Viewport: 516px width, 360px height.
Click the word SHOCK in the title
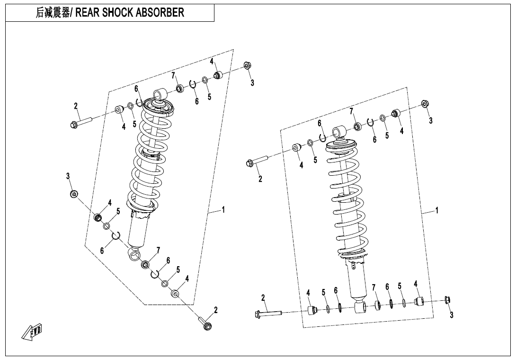click(x=114, y=13)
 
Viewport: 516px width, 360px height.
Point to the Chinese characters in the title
click(x=53, y=13)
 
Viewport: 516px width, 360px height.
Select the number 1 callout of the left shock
click(x=223, y=209)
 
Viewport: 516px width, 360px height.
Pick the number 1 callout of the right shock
click(x=436, y=210)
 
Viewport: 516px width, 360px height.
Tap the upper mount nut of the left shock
click(x=247, y=65)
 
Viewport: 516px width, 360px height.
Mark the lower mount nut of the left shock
click(x=74, y=194)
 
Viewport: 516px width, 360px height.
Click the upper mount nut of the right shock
click(x=425, y=104)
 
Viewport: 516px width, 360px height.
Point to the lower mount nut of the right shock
click(x=447, y=299)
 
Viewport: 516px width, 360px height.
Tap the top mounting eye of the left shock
click(x=159, y=93)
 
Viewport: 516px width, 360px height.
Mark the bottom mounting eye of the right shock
click(x=360, y=308)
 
